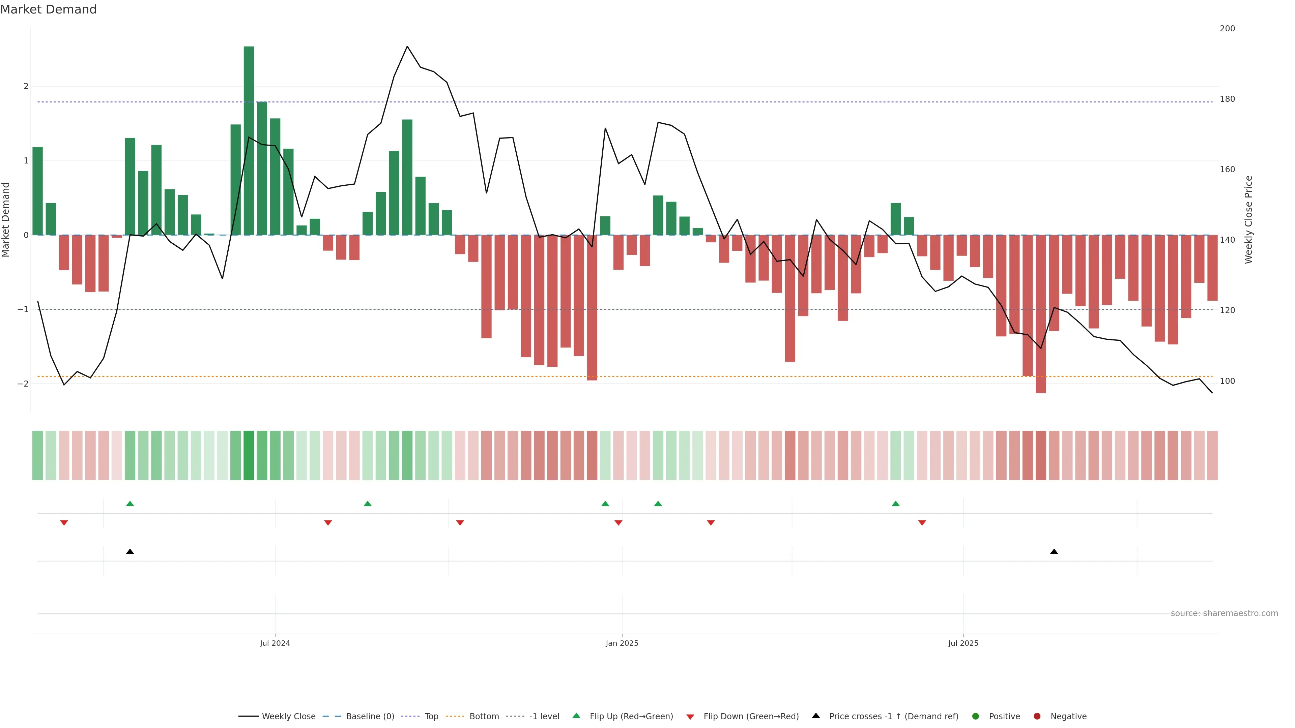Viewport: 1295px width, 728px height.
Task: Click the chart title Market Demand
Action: click(x=48, y=9)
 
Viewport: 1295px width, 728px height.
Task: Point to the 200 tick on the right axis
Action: click(x=1227, y=29)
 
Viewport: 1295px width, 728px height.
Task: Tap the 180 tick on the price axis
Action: click(x=1227, y=99)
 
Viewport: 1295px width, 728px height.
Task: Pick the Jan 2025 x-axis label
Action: click(x=622, y=643)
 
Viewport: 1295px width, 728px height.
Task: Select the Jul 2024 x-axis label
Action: click(x=275, y=643)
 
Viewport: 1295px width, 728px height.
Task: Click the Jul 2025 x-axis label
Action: click(x=963, y=643)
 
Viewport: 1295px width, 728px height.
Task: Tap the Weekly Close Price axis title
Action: click(x=1249, y=219)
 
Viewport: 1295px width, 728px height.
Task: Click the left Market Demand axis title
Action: click(x=6, y=219)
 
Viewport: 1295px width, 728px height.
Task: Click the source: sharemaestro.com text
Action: click(x=1224, y=613)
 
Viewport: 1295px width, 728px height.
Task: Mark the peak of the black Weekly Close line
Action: click(x=407, y=47)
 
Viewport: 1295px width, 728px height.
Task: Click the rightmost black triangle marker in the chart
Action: click(x=1054, y=552)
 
